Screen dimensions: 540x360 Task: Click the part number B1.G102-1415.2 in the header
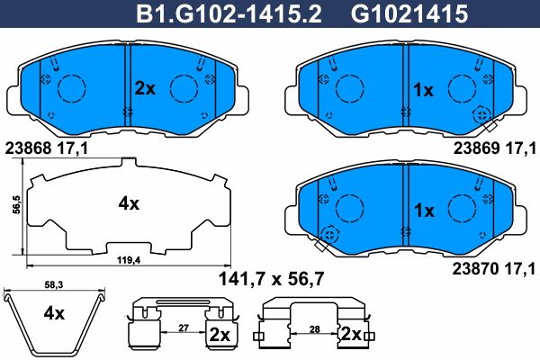click(x=229, y=14)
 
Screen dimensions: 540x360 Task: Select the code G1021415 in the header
click(x=409, y=14)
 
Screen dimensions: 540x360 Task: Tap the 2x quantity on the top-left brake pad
click(x=145, y=89)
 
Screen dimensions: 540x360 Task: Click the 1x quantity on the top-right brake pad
click(x=423, y=90)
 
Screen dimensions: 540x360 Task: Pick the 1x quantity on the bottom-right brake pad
click(x=424, y=211)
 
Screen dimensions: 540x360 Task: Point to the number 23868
click(x=29, y=148)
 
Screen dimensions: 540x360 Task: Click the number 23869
click(x=477, y=148)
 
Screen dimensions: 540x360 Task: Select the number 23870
click(x=476, y=269)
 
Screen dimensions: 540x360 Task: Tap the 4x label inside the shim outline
click(x=129, y=204)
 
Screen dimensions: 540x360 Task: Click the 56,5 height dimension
click(x=16, y=206)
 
